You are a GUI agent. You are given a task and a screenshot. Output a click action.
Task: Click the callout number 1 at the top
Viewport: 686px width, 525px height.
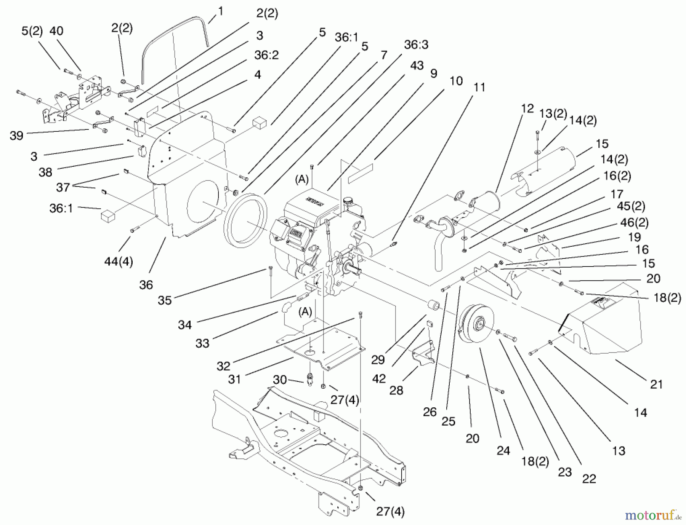click(220, 11)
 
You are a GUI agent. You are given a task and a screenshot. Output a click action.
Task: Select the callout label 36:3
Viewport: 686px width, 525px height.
click(416, 45)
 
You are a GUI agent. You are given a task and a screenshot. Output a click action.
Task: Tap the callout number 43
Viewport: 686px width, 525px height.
click(417, 65)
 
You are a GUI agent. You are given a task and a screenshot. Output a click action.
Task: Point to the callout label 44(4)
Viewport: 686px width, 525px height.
click(119, 262)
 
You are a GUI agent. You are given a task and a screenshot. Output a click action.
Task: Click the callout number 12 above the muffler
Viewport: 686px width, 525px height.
click(527, 109)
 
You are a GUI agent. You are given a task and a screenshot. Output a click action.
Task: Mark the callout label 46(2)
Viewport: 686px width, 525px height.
click(634, 222)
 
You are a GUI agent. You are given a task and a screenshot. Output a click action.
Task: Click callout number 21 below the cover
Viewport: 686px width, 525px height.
click(656, 384)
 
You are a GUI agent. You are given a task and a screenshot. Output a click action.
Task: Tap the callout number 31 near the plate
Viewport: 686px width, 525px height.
click(234, 379)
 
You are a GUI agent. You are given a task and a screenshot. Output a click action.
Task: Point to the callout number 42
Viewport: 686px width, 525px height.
click(379, 378)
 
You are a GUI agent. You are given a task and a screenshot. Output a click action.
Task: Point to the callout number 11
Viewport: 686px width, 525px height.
click(479, 87)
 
